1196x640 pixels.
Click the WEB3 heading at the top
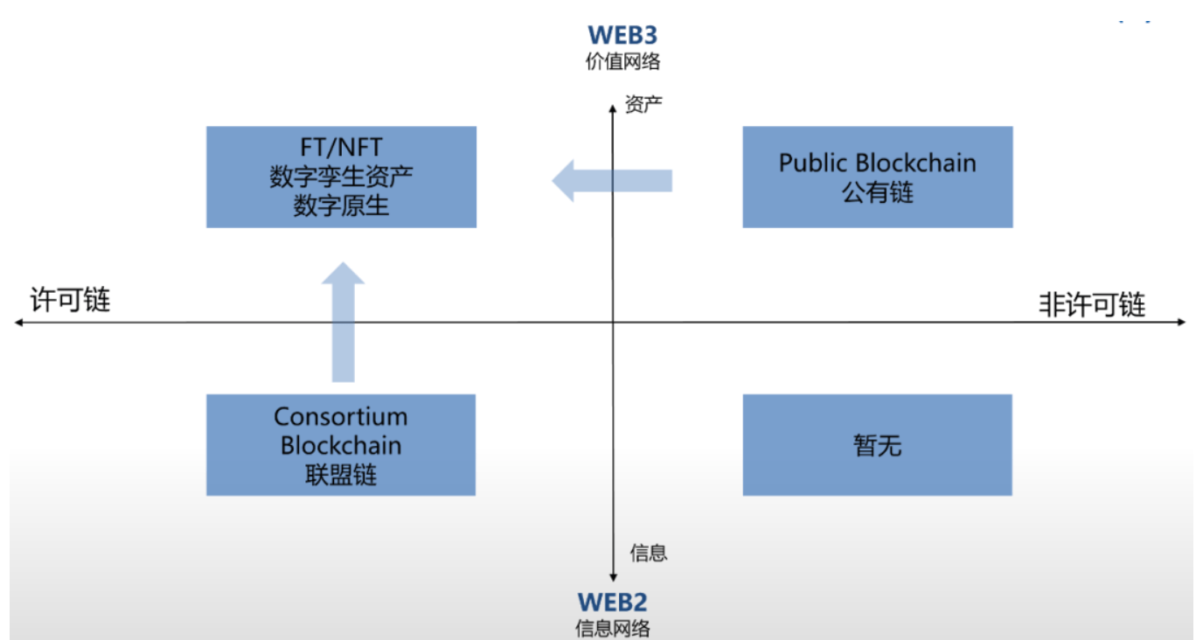(x=622, y=35)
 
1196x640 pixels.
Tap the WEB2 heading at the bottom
(x=612, y=602)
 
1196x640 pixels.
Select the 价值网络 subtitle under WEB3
(x=622, y=62)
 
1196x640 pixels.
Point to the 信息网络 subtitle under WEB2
(x=612, y=628)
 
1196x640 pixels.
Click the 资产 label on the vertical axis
(x=643, y=105)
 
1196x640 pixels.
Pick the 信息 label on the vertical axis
(x=648, y=553)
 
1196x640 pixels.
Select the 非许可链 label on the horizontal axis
(x=1092, y=304)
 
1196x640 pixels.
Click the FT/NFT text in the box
(x=341, y=147)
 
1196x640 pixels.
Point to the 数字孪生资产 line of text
(x=341, y=177)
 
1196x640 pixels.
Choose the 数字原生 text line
(x=341, y=206)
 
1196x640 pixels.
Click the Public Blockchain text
(x=877, y=163)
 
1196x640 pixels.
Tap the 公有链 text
(x=877, y=192)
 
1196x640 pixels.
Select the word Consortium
(x=341, y=416)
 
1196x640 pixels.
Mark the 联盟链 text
(x=341, y=475)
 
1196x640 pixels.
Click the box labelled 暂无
(x=877, y=445)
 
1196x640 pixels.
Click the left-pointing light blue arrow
(x=612, y=180)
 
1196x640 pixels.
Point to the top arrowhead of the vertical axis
(x=613, y=106)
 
